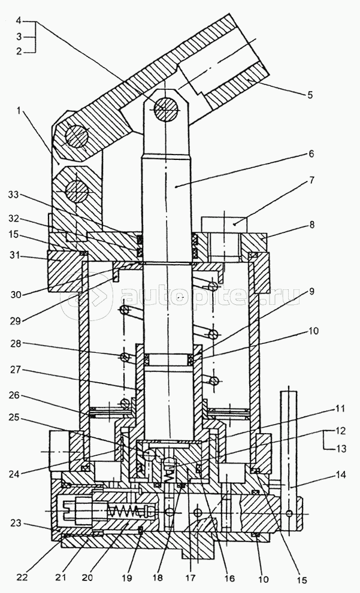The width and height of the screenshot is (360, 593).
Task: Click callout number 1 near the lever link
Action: coord(21,110)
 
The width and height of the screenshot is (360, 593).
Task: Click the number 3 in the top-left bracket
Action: coord(20,37)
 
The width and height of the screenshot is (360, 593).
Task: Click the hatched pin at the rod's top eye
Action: coord(167,108)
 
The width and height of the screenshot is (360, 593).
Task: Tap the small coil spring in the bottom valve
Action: coord(127,513)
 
